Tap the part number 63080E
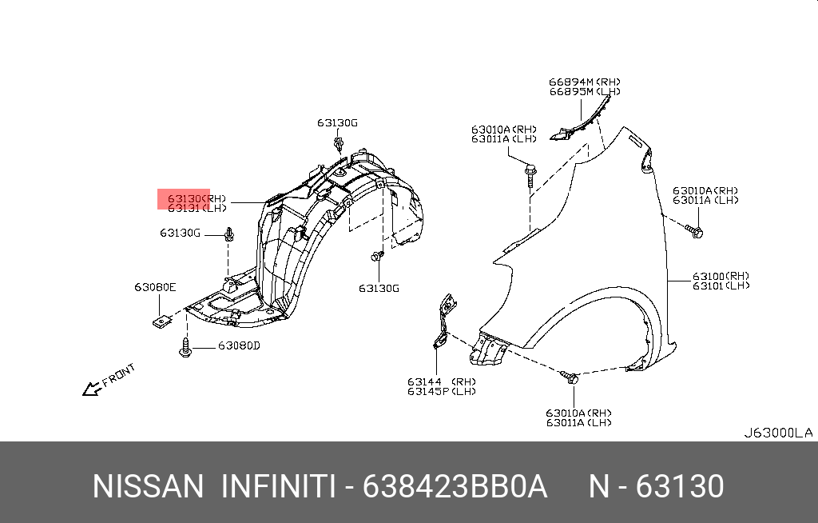155,287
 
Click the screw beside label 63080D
186,349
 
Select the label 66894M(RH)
584,82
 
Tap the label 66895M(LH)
584,92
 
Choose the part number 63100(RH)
721,276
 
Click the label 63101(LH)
721,286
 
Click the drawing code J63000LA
777,433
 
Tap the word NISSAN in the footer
148,486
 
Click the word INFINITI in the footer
277,486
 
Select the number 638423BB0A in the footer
455,486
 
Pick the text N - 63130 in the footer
656,486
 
